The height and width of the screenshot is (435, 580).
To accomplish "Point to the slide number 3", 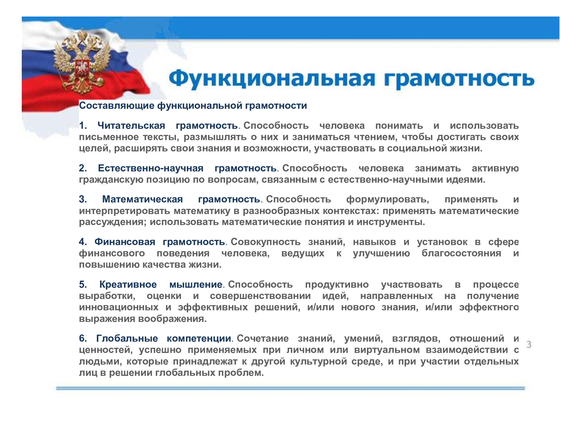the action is point(529,345).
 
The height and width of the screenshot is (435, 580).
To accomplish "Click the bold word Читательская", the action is point(131,126).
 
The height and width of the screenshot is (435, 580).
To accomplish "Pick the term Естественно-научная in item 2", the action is point(151,168).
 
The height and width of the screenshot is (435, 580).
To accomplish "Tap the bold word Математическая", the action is point(142,199).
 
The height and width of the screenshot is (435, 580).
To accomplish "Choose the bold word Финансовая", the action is point(125,242).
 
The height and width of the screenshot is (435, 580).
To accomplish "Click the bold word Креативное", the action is point(128,284).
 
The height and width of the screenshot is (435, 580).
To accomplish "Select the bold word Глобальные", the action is point(127,338).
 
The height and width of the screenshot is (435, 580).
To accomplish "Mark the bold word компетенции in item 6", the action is point(199,338).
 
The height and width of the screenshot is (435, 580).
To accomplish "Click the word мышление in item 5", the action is point(196,284).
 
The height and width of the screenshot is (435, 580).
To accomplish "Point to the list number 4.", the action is point(83,242).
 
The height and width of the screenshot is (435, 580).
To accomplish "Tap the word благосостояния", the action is point(461,253).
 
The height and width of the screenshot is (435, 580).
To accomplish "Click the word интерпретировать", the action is point(124,211).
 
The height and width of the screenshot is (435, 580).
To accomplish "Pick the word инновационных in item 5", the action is point(119,307).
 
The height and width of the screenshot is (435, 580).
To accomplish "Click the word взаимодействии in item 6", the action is point(467,350).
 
